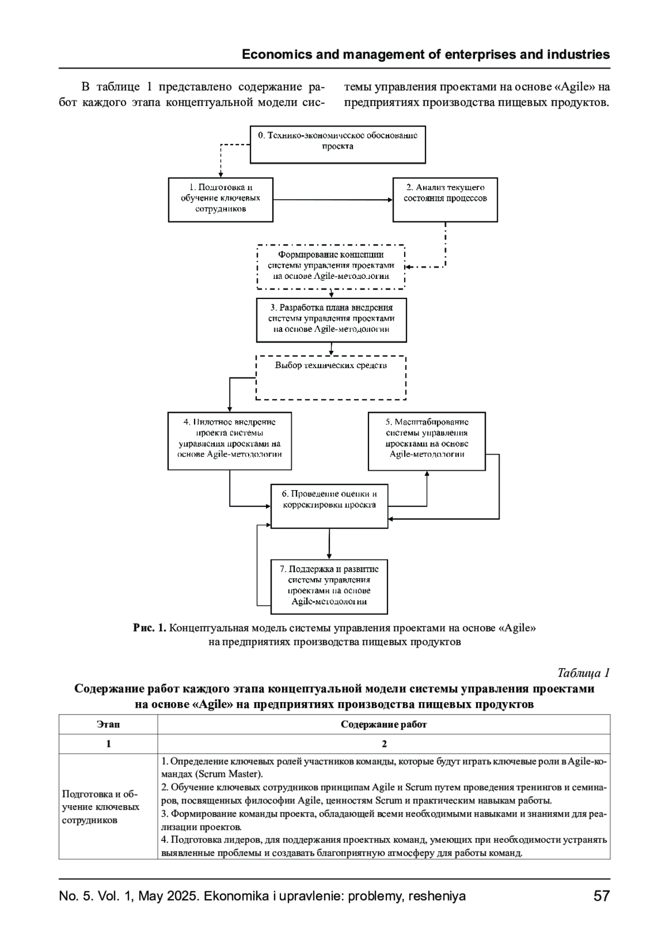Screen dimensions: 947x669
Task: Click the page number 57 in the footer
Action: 602,896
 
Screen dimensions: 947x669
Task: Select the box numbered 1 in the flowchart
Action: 221,199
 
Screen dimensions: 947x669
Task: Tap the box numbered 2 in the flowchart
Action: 445,199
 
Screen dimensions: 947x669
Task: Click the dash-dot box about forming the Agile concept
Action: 331,266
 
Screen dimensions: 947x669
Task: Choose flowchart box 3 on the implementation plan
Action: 331,319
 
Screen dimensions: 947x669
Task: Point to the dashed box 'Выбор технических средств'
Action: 331,377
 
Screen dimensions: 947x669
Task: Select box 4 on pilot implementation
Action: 230,441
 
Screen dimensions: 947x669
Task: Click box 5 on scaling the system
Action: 426,441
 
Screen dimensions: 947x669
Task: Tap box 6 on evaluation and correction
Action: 329,505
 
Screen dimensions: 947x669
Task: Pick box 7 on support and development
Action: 329,586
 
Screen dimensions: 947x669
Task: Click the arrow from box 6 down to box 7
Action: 329,544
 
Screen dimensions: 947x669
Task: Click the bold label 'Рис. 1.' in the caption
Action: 149,628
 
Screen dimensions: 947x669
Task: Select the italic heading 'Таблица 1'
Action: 583,673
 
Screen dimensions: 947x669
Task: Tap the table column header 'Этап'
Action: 108,724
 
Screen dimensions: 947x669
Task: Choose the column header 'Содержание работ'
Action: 384,724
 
